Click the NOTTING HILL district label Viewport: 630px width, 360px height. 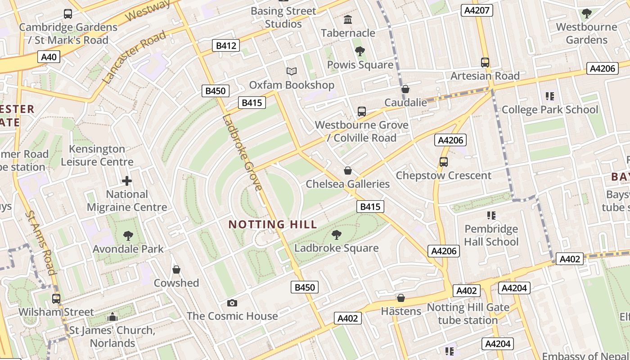click(x=273, y=224)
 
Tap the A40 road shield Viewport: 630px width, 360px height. click(x=49, y=57)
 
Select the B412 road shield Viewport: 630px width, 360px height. click(x=225, y=45)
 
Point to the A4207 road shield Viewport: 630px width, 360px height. click(x=477, y=10)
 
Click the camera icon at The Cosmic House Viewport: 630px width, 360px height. click(x=232, y=303)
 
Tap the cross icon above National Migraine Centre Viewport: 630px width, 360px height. click(x=127, y=181)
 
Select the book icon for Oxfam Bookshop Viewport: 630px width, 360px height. click(x=292, y=71)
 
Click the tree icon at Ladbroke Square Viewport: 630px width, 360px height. click(x=336, y=234)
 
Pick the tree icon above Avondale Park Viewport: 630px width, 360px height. click(x=128, y=235)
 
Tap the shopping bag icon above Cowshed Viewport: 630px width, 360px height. click(x=176, y=270)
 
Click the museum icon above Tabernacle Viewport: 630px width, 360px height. click(x=348, y=19)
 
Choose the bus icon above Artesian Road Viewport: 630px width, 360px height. click(x=485, y=63)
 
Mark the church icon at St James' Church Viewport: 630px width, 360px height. click(x=112, y=317)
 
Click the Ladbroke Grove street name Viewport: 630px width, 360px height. click(x=242, y=153)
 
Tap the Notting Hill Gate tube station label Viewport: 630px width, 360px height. click(x=468, y=314)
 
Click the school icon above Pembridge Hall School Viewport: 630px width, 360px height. click(x=491, y=216)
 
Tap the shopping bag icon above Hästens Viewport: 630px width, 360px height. click(x=401, y=298)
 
